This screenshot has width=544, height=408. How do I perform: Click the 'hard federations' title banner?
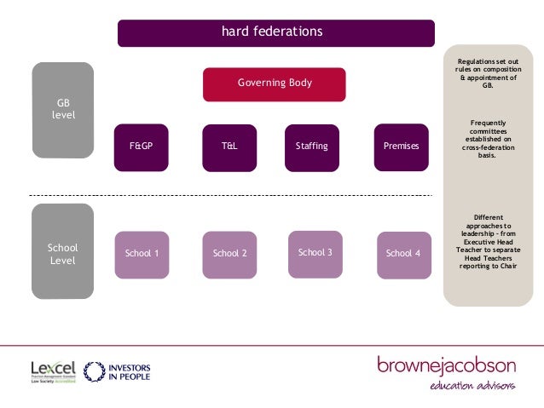(x=275, y=32)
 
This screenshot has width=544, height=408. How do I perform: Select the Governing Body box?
(x=274, y=83)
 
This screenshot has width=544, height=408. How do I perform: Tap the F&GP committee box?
(x=142, y=147)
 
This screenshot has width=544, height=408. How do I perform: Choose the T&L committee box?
(x=229, y=147)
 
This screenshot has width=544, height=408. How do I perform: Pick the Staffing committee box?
(x=311, y=147)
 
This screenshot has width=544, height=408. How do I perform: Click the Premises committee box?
(x=401, y=147)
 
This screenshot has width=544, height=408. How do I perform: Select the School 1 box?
(x=142, y=254)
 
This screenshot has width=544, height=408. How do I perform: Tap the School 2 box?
(x=229, y=254)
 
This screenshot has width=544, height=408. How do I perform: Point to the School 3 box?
(x=315, y=253)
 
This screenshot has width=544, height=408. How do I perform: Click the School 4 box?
(x=402, y=254)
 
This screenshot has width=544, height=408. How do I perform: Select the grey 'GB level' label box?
(x=63, y=109)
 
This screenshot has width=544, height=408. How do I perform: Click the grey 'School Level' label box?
(x=63, y=253)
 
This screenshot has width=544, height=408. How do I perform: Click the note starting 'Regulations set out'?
(x=487, y=73)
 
